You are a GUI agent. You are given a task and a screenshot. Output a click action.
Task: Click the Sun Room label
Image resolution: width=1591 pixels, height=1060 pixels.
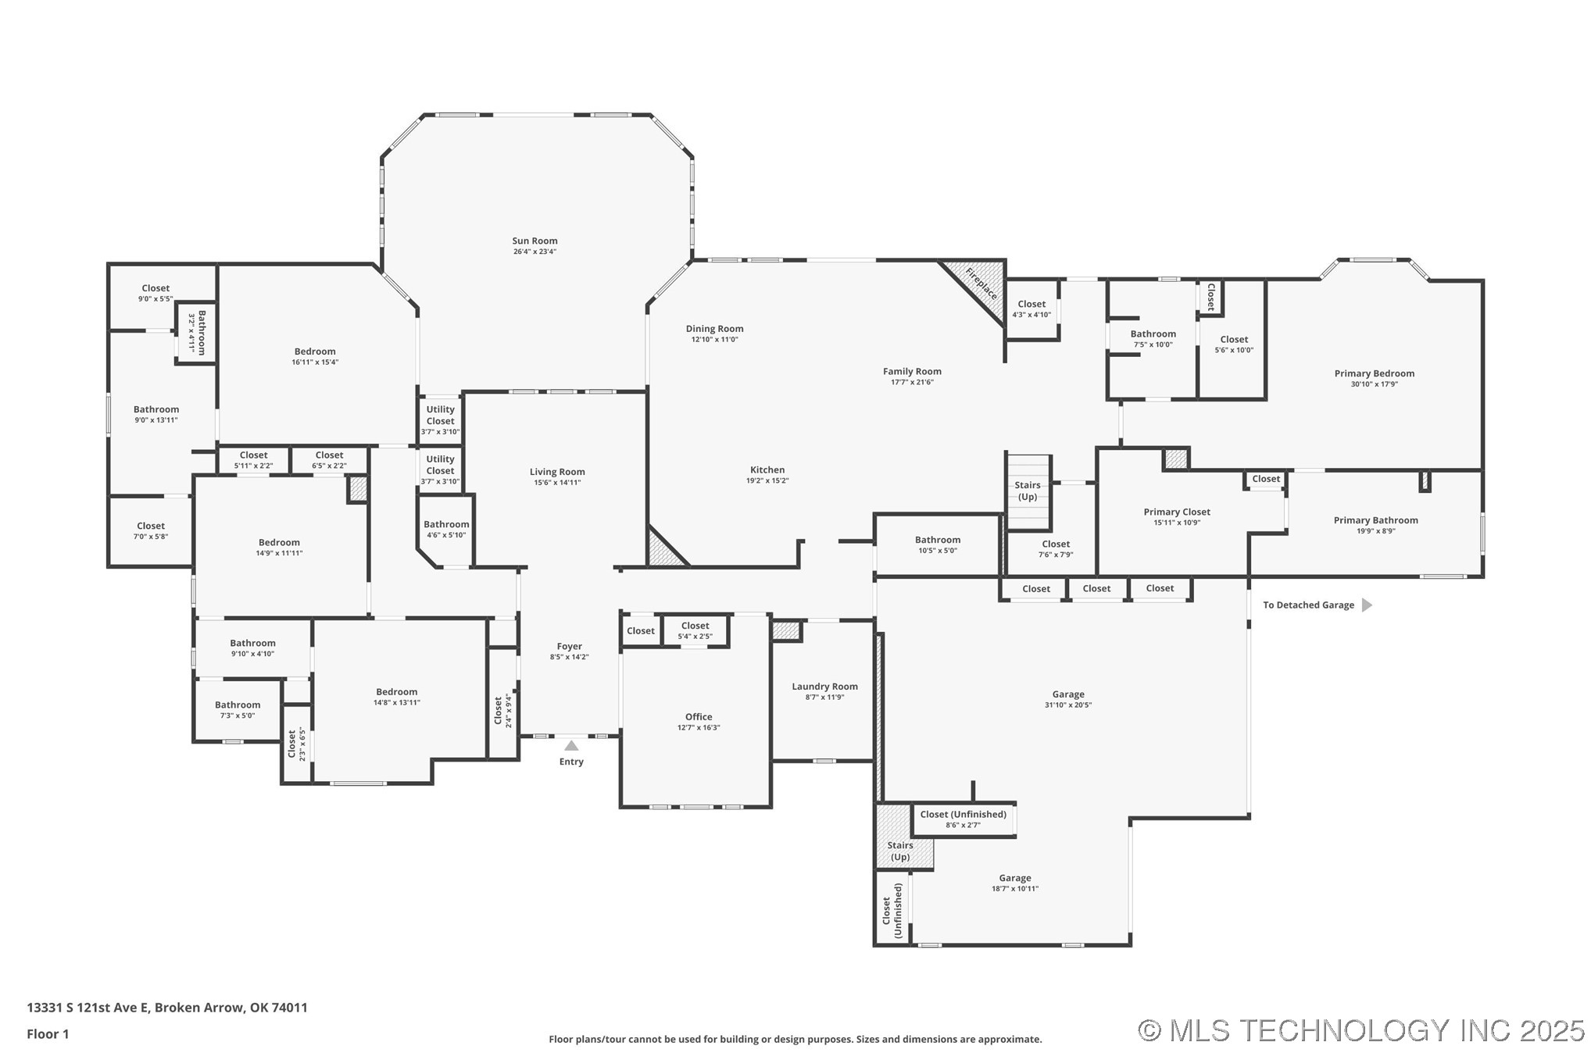click(535, 241)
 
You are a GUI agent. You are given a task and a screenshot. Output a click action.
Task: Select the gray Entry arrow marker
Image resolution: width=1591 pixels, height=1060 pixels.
click(571, 745)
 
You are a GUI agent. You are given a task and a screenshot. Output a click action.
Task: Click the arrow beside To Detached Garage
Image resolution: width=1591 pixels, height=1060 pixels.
click(1367, 605)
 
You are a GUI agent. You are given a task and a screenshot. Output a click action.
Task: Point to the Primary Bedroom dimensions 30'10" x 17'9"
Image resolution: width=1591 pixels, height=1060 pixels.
click(1374, 384)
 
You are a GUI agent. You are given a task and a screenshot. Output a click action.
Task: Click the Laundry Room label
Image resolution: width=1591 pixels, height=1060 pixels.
click(824, 687)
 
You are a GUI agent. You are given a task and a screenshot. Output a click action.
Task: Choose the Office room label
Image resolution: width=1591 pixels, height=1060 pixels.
click(699, 716)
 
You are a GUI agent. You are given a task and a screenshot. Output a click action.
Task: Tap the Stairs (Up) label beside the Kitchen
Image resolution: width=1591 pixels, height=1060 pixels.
click(1028, 491)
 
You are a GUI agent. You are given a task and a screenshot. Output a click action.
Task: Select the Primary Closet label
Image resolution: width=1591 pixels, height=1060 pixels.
click(1177, 512)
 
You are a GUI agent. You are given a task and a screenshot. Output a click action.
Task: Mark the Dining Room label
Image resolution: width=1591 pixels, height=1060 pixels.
click(714, 329)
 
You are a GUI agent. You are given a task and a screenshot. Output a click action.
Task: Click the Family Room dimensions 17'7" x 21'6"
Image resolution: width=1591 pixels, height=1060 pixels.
click(912, 382)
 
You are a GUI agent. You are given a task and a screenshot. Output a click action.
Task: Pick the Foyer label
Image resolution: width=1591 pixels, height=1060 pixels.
click(569, 646)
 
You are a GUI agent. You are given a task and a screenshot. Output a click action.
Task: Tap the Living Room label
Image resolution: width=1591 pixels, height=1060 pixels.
click(557, 472)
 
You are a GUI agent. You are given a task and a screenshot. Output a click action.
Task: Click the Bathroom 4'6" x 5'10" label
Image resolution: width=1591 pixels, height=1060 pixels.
click(446, 529)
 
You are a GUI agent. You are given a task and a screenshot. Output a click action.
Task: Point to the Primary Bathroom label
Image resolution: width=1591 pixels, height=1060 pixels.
click(1375, 520)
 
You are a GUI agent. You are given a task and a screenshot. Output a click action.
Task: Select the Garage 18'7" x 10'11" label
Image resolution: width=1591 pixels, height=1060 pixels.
click(1014, 882)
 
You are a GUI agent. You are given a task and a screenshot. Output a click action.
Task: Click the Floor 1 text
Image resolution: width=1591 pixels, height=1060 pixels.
click(48, 1034)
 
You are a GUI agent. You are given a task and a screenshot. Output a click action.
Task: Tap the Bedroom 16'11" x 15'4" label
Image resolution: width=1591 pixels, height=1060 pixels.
click(315, 356)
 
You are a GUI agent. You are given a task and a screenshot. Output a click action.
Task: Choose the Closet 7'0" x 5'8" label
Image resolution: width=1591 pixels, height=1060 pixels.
click(151, 530)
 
